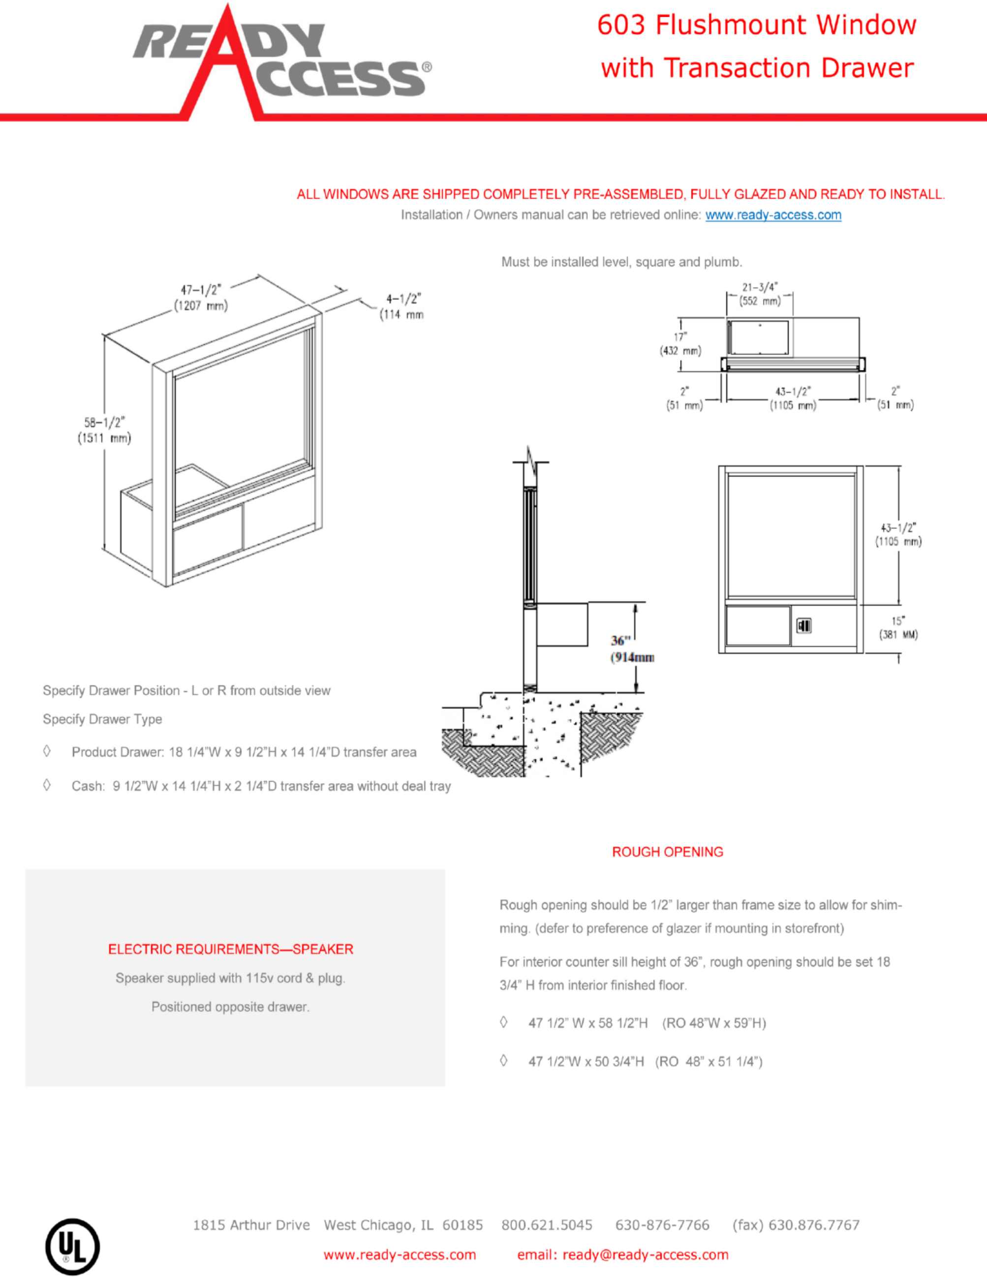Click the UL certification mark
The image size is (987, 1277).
click(72, 1246)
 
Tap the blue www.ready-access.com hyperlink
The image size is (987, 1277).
click(773, 214)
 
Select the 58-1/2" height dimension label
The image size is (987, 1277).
click(104, 430)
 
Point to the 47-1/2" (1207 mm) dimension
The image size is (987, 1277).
click(201, 298)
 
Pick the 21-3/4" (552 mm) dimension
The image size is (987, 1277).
click(760, 294)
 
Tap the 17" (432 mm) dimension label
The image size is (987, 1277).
click(680, 344)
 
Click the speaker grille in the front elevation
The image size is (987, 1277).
click(804, 626)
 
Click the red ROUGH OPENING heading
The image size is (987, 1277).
click(667, 852)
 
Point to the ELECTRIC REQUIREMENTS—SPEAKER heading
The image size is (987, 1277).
click(230, 949)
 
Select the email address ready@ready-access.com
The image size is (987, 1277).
click(645, 1255)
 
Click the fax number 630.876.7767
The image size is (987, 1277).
click(813, 1225)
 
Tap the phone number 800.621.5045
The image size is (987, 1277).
click(547, 1225)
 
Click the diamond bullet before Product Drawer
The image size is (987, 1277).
click(47, 751)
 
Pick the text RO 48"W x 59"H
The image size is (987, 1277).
click(714, 1023)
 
